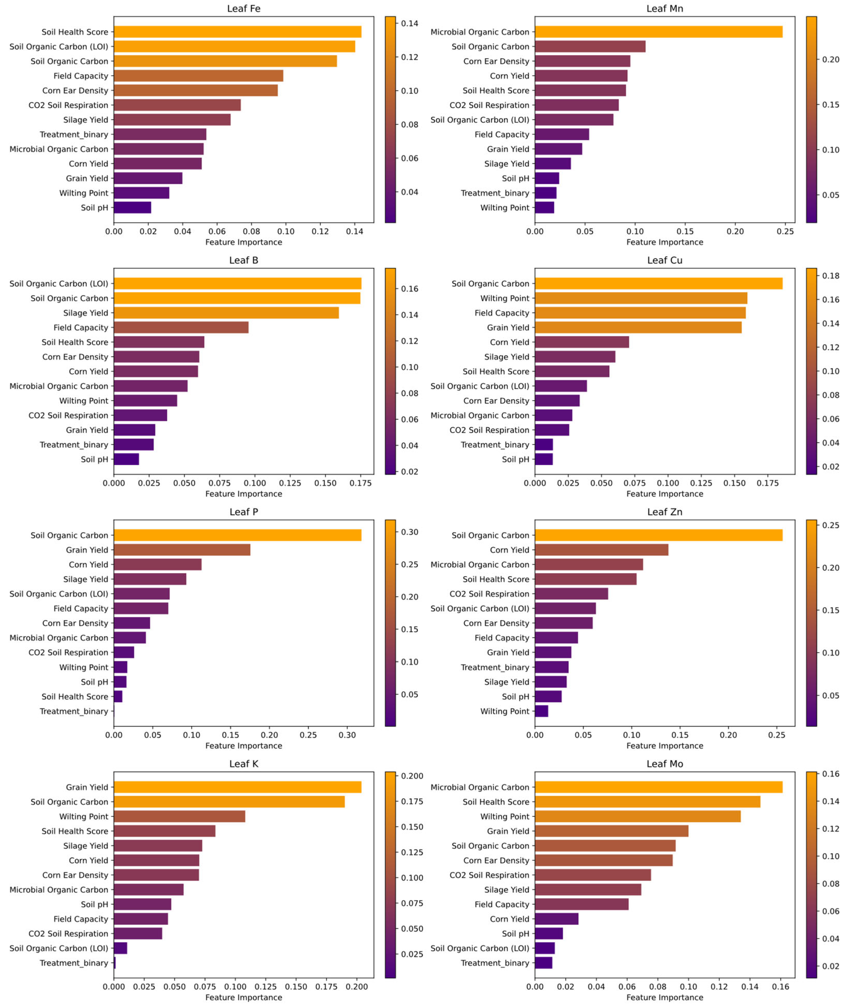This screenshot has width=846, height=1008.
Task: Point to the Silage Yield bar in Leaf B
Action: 226,313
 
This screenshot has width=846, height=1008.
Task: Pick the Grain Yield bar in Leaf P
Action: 182,550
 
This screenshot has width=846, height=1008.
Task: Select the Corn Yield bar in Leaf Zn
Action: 601,550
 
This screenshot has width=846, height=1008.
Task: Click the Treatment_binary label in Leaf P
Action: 74,711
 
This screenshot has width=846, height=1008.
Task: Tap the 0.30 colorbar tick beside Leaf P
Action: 409,532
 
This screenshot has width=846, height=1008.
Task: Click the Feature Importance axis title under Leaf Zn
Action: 664,745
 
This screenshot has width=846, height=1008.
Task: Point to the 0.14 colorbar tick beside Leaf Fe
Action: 409,23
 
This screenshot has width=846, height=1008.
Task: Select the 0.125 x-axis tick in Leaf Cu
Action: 701,483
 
